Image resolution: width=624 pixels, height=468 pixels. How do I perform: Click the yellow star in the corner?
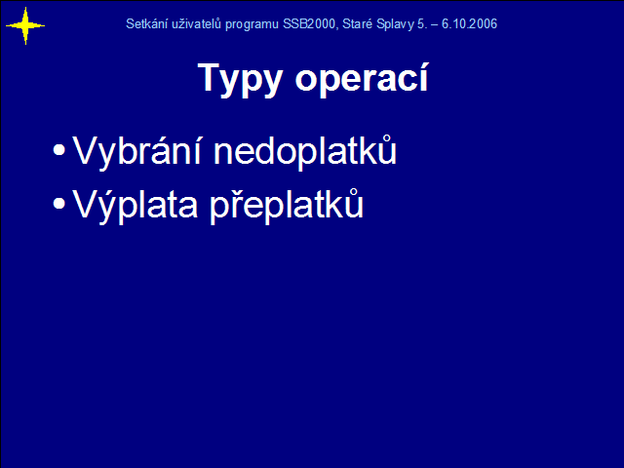click(25, 26)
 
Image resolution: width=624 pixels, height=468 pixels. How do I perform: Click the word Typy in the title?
click(240, 80)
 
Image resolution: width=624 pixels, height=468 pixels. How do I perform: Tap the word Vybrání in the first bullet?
click(136, 150)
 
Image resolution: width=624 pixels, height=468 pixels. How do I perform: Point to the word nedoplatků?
click(305, 150)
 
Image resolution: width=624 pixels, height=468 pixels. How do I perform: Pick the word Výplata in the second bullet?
click(135, 204)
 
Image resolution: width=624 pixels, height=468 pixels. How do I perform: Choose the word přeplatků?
click(287, 204)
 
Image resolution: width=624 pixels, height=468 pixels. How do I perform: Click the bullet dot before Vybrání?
click(58, 150)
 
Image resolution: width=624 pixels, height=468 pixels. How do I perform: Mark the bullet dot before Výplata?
click(58, 204)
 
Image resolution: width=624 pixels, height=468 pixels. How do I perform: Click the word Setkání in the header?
click(145, 23)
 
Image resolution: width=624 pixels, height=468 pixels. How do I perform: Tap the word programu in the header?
click(252, 24)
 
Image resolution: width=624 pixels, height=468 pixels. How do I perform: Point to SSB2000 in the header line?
click(310, 23)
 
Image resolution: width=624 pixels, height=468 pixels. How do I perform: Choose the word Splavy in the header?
click(395, 24)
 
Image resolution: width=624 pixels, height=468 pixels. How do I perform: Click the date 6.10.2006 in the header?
click(469, 23)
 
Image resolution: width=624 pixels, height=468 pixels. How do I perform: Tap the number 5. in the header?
click(422, 23)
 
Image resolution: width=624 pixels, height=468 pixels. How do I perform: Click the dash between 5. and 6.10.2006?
click(435, 25)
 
